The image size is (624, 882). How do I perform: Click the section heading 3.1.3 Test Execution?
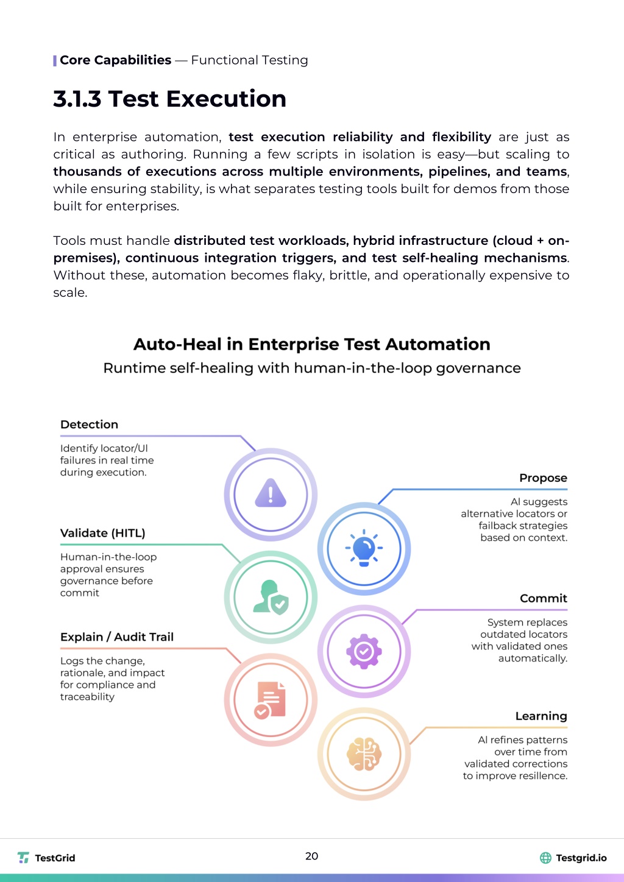click(169, 99)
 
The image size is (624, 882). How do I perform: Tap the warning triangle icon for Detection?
click(271, 493)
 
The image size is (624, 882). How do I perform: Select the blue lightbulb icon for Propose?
click(364, 548)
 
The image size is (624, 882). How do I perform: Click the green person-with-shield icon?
click(271, 597)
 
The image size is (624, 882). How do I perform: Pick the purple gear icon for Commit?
click(364, 652)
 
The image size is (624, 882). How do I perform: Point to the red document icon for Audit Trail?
click(271, 700)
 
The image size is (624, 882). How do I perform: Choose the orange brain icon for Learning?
click(364, 754)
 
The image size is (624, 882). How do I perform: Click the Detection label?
click(89, 425)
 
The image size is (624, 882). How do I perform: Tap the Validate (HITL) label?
click(102, 533)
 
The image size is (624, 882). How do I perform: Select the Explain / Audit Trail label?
click(117, 637)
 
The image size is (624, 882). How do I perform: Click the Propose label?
click(543, 478)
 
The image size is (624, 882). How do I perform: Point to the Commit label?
click(543, 598)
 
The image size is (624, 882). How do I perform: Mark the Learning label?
click(541, 716)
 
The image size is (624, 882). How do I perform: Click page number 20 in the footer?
click(311, 856)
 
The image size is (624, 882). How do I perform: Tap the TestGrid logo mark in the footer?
click(23, 858)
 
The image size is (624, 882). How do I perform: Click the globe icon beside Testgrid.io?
click(545, 858)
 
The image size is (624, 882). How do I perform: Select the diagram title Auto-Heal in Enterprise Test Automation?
click(311, 344)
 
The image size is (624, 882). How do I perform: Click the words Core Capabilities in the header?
click(115, 60)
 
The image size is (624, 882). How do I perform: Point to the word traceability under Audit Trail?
click(87, 697)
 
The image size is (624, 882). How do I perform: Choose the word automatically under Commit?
click(533, 658)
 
